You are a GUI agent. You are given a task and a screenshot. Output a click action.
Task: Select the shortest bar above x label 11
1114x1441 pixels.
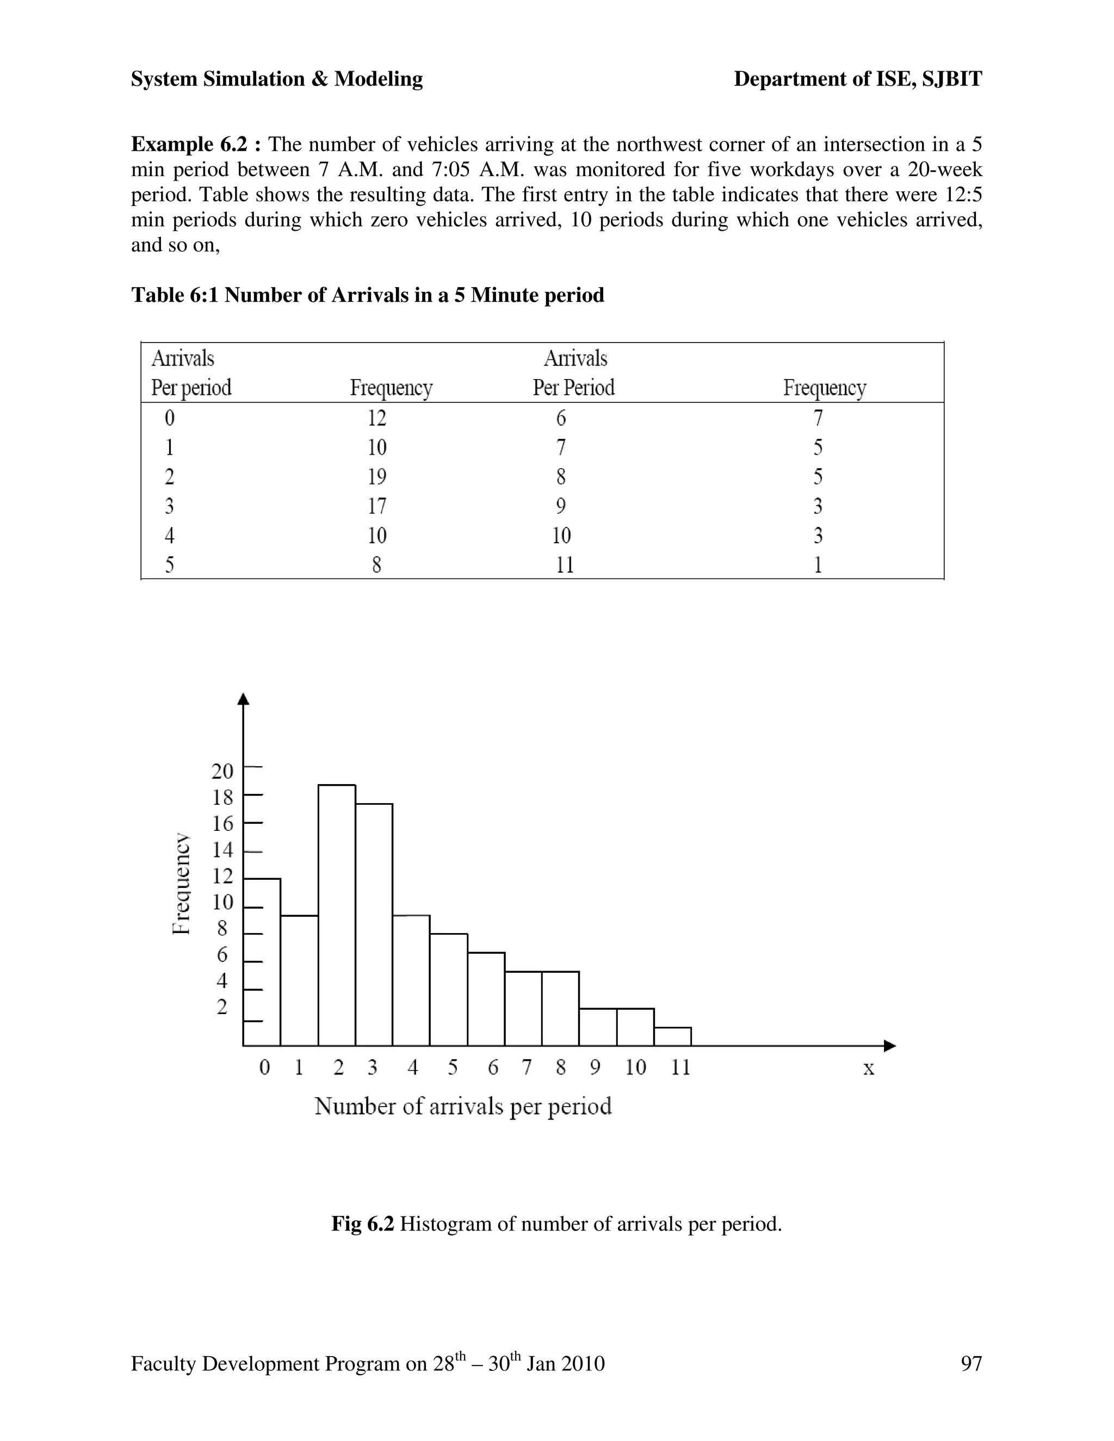pos(672,1036)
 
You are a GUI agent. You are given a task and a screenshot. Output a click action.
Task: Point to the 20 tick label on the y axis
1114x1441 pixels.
pos(222,771)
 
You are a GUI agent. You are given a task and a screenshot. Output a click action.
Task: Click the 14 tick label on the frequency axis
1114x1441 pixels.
pos(223,850)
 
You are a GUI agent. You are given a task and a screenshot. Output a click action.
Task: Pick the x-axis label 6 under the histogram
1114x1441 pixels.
pos(493,1067)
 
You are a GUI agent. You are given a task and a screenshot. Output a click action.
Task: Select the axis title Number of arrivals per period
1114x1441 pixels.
pos(463,1106)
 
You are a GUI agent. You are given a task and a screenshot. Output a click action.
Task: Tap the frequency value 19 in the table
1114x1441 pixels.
pos(377,476)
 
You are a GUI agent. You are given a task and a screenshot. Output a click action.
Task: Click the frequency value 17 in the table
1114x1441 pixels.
pos(377,506)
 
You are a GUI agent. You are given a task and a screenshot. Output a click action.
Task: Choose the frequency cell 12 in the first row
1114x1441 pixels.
pos(377,418)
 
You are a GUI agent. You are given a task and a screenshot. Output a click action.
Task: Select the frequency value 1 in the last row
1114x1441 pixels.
pos(818,565)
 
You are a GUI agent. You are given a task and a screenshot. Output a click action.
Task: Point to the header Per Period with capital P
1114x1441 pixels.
pos(573,387)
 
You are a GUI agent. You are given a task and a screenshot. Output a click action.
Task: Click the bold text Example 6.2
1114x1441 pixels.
pos(197,144)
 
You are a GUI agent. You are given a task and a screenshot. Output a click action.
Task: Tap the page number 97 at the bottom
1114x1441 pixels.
pos(971,1363)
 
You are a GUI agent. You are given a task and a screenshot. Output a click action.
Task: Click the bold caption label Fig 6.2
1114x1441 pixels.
pos(362,1223)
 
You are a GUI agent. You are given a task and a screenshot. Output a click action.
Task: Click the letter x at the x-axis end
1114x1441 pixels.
pos(869,1068)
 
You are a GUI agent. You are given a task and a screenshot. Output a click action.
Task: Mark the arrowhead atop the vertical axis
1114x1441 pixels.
pos(244,699)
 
